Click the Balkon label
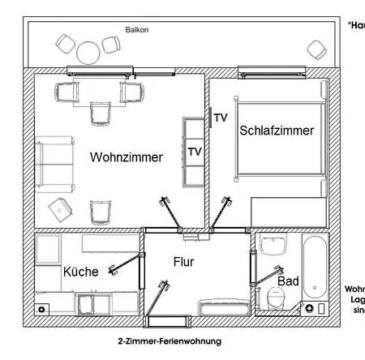pyautogui.click(x=137, y=30)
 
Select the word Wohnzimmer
pyautogui.click(x=127, y=157)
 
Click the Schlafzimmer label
pyautogui.click(x=276, y=130)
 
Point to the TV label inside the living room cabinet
pyautogui.click(x=195, y=152)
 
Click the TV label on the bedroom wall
pyautogui.click(x=221, y=118)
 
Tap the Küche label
pyautogui.click(x=80, y=272)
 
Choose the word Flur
pyautogui.click(x=184, y=262)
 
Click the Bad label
pyautogui.click(x=288, y=281)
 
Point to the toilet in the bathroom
pyautogui.click(x=276, y=298)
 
